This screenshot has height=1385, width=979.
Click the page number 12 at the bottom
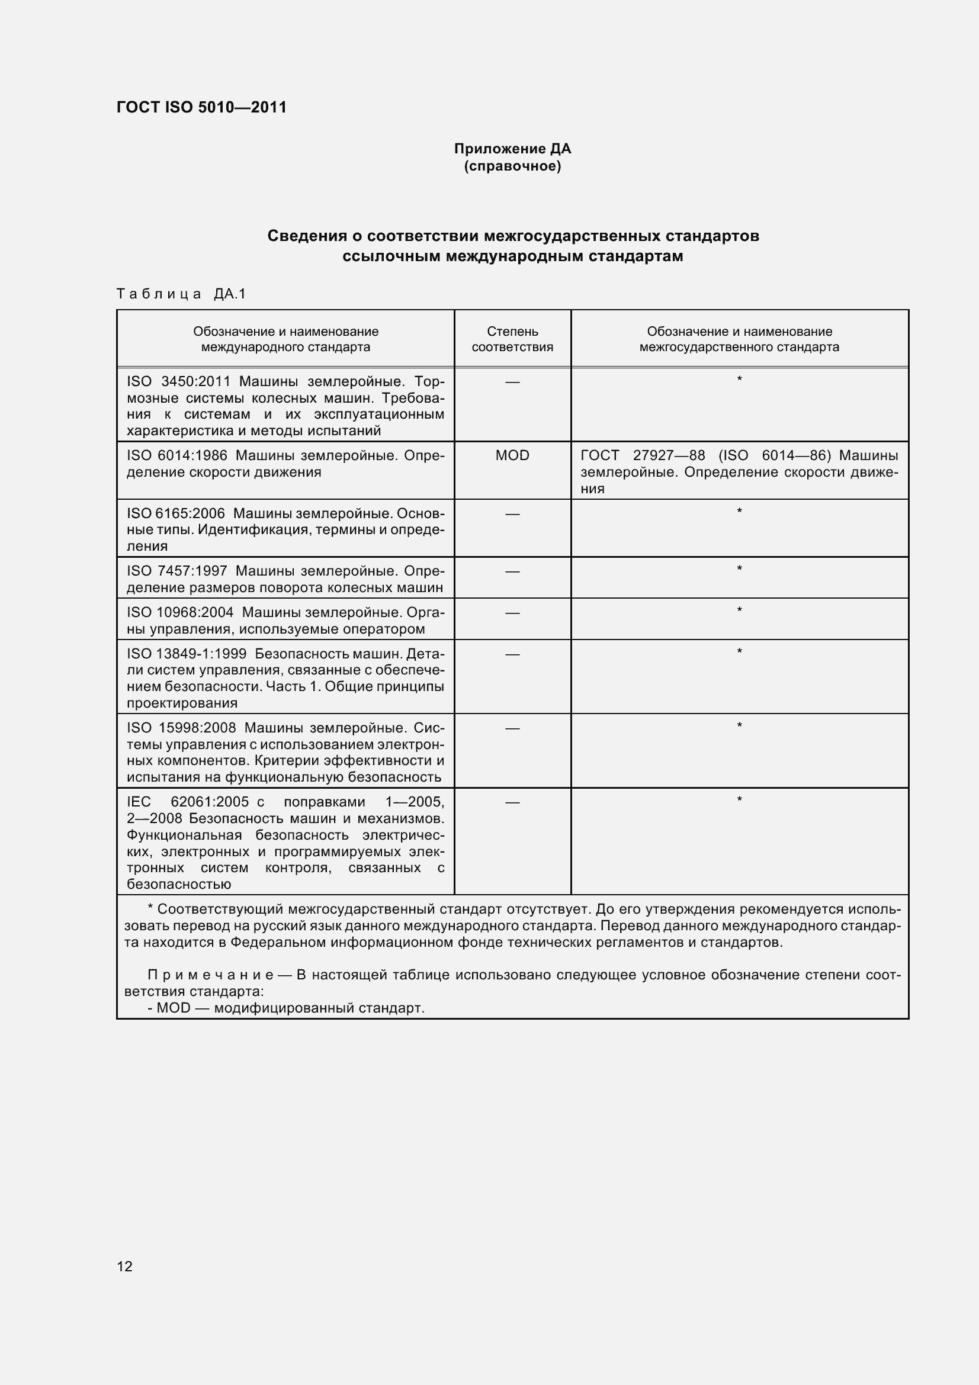124,1266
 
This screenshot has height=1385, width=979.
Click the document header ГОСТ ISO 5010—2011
201,107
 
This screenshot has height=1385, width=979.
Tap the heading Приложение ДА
512,149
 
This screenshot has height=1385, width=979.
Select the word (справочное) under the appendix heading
512,166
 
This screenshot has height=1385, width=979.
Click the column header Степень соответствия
512,339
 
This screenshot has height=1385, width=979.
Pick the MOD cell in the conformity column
512,455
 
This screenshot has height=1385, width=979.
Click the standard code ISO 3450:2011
178,382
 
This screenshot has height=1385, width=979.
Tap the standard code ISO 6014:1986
176,455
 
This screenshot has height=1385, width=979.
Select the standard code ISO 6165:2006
175,513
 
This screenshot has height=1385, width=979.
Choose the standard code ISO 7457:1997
176,571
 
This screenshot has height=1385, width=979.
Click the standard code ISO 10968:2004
180,612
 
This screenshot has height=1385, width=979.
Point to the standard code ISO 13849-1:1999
187,654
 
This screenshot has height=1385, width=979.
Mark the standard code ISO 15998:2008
181,728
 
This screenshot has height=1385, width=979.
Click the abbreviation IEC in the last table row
139,802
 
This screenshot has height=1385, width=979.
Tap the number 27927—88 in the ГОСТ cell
668,455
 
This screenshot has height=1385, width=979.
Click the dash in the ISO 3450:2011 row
512,382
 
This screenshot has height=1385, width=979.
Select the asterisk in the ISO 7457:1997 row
740,568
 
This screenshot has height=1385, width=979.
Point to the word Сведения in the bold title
306,236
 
